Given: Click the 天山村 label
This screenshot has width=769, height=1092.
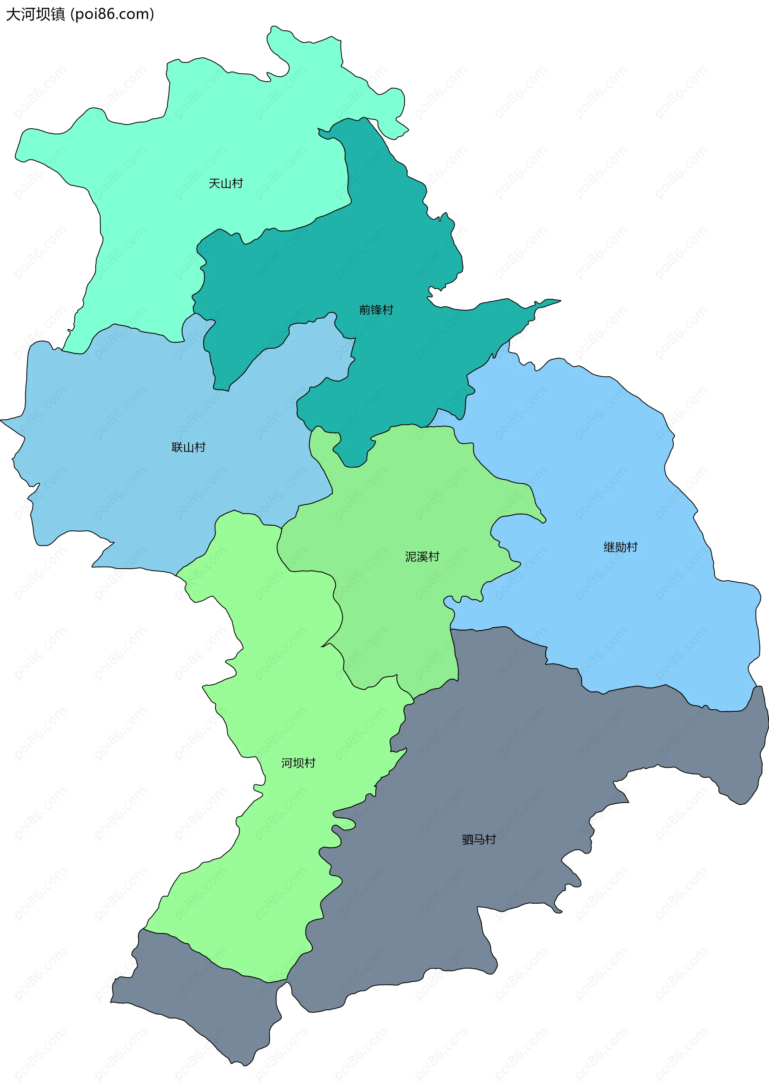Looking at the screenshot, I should [226, 184].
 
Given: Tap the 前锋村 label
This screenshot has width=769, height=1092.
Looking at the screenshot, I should [376, 310].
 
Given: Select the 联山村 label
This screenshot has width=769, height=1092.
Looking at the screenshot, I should [188, 447].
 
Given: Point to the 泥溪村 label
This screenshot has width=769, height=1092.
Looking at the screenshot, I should [422, 557].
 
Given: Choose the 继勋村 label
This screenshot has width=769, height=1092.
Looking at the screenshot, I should [620, 547].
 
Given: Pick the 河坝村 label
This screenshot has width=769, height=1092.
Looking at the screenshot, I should [298, 763].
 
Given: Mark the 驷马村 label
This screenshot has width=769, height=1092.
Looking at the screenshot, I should [479, 840].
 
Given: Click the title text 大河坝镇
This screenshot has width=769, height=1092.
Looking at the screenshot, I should [36, 14].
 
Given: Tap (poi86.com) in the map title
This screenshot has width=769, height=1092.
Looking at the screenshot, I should [112, 14].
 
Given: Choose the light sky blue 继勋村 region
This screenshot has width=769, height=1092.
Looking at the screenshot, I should [618, 476].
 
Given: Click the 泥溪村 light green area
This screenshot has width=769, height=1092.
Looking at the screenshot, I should [404, 499].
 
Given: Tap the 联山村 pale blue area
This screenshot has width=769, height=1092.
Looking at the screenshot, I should [119, 476].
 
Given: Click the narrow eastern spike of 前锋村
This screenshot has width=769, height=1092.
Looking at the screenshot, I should [547, 303].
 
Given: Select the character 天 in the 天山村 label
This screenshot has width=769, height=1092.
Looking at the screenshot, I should [214, 184].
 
